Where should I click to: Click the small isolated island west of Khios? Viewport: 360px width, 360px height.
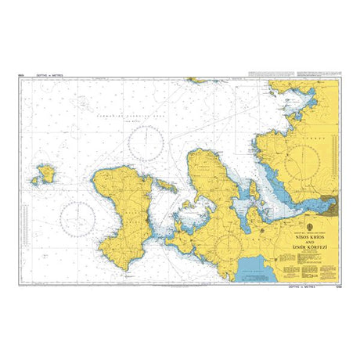coord(44,173)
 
